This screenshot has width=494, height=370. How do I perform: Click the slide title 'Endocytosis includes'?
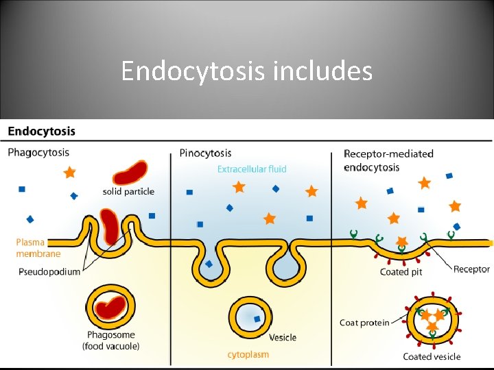tap(246, 71)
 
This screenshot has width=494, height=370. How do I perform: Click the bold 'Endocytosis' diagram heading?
tap(42, 131)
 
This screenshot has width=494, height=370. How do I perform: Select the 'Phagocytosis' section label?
tap(38, 152)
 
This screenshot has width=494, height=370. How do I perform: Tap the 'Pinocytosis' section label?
tap(205, 153)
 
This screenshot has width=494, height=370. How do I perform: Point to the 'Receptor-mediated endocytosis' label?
tap(388, 160)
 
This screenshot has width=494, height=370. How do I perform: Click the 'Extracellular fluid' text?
tap(252, 169)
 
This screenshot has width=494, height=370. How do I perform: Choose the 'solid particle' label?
tap(128, 191)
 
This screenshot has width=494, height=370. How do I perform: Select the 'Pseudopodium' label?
tap(49, 271)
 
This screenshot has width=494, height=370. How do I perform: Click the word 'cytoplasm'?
tap(248, 354)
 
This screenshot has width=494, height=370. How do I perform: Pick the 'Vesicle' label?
tap(283, 337)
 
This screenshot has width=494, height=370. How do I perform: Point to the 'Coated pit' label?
tap(401, 272)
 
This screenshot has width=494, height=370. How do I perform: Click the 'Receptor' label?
tap(471, 269)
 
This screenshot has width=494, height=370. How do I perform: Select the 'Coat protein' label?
tap(364, 323)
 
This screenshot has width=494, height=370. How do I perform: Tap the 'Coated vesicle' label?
tap(432, 356)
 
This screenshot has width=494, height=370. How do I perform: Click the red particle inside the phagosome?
tap(111, 308)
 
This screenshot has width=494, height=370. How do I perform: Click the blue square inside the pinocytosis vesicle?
tap(257, 319)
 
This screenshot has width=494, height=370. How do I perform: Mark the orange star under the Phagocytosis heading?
tap(69, 173)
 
